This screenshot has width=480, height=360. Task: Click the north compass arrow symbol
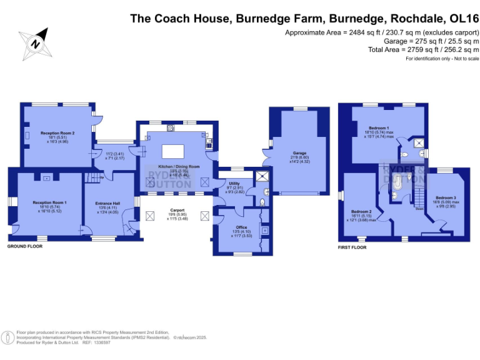click(36, 42)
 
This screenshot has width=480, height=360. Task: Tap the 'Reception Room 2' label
click(57, 133)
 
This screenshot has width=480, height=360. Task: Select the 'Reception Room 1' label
click(49, 202)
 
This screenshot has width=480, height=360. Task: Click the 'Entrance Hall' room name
click(107, 203)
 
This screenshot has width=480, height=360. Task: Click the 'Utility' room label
click(226, 182)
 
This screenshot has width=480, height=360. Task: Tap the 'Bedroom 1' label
click(378, 127)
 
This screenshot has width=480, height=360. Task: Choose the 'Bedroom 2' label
click(361, 211)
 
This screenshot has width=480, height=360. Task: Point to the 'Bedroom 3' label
click(446, 197)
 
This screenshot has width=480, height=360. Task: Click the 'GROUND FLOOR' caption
click(24, 247)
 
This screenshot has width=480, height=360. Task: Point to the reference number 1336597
click(102, 342)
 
